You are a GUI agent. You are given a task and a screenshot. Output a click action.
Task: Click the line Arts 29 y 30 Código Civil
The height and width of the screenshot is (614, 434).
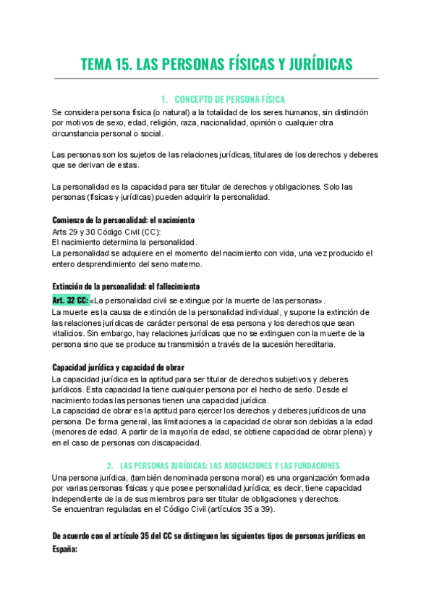coord(107,231)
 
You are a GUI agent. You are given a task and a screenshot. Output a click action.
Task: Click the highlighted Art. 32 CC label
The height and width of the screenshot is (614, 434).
coord(69,300)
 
